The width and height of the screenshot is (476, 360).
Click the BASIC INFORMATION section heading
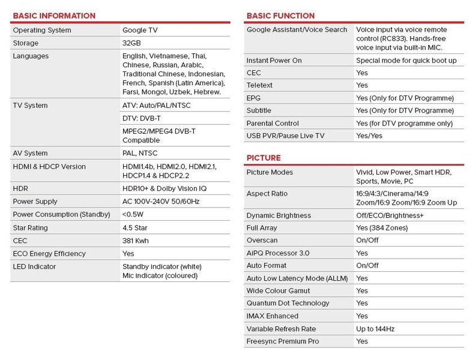54,16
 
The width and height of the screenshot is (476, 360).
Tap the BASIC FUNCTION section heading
280,16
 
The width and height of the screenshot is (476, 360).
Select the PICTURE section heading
264,158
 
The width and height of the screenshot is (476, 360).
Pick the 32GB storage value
131,43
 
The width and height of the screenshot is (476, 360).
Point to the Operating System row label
42,30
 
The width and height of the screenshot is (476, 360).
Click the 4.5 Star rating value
135,228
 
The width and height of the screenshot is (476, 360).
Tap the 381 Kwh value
136,241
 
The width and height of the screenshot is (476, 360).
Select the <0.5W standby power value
134,215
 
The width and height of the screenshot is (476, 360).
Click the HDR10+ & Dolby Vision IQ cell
164,188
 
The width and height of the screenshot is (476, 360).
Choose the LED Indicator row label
35,266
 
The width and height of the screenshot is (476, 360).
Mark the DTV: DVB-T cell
142,118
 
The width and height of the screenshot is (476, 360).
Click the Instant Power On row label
274,61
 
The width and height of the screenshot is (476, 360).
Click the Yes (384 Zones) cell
382,228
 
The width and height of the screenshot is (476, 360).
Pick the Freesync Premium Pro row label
283,341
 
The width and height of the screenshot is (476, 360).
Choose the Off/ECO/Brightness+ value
390,215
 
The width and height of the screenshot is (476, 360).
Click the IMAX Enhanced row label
273,316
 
